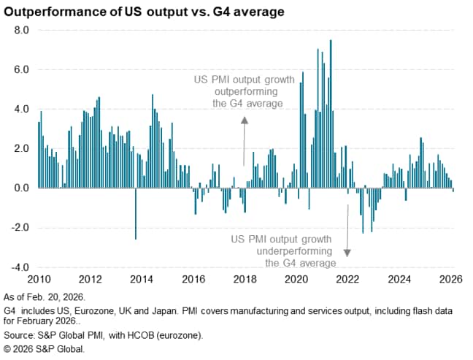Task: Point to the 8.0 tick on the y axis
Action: click(20, 31)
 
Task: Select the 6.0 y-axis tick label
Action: click(20, 70)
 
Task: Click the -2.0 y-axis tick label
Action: click(18, 227)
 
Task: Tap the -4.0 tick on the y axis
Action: click(18, 267)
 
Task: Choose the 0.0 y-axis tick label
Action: click(20, 188)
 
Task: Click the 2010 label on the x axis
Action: click(38, 279)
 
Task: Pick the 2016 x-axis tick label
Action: click(193, 279)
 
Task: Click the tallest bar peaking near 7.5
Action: click(331, 110)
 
